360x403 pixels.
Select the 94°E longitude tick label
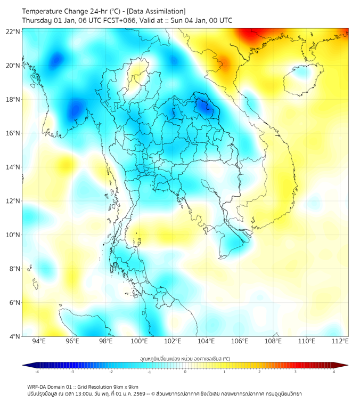coord(39,341)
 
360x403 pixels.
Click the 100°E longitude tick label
coord(139,341)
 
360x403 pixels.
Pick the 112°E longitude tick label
coord(340,341)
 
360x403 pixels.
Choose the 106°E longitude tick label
coord(240,341)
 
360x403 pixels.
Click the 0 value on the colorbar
coord(185,372)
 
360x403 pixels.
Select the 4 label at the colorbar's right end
coord(334,372)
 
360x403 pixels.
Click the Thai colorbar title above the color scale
coord(185,358)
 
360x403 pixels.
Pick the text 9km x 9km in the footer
coord(126,386)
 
